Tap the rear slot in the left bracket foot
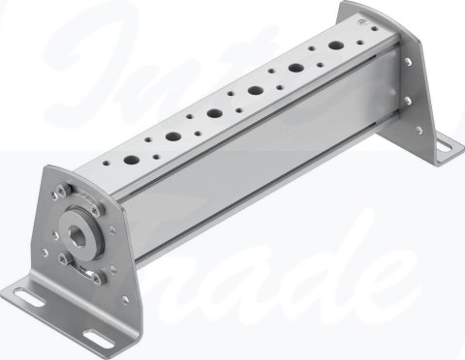click(x=31, y=295)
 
